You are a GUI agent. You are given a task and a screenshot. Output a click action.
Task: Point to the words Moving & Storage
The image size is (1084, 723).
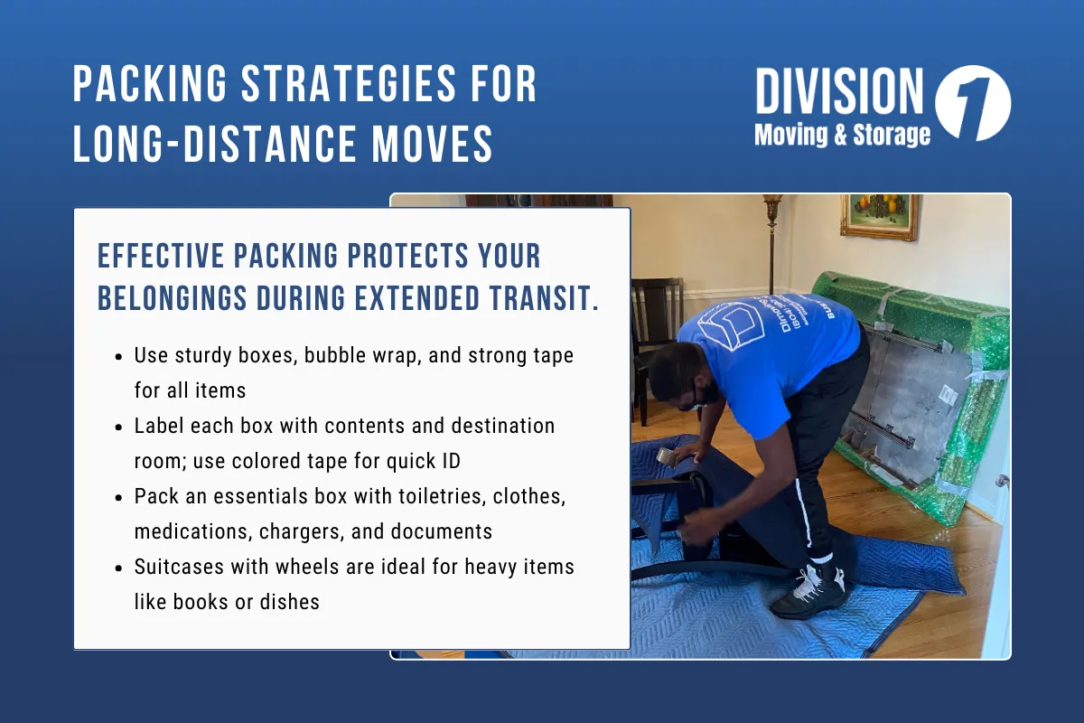[842, 136]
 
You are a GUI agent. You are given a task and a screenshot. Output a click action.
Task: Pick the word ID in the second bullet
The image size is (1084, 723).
[448, 460]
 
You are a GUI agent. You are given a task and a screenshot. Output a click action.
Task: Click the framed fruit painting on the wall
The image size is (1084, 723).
[879, 217]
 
